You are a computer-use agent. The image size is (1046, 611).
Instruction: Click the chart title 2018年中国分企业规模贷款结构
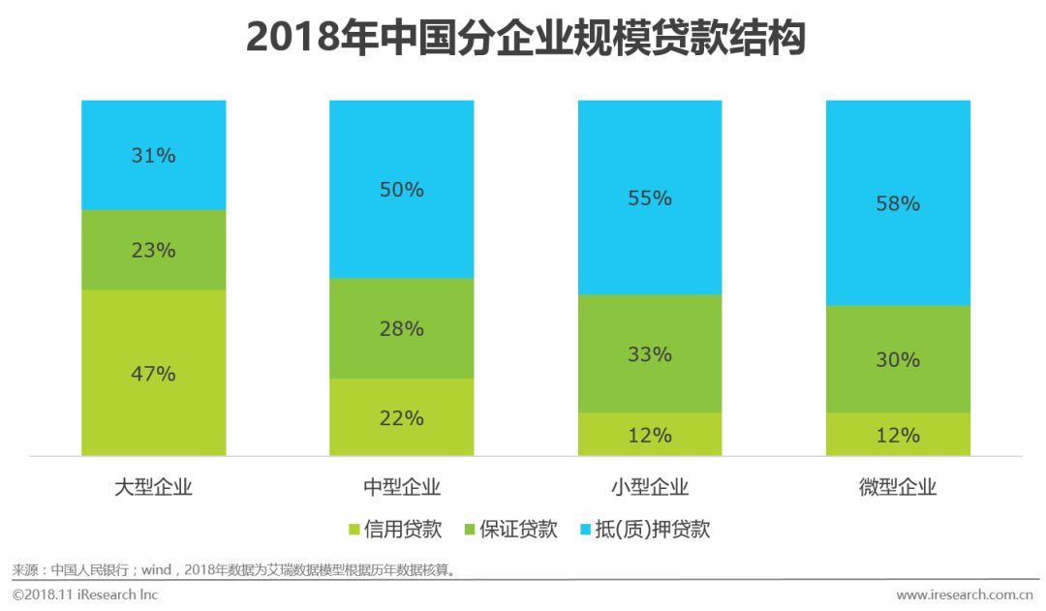525,38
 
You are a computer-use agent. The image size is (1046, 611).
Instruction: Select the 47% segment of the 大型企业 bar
153,373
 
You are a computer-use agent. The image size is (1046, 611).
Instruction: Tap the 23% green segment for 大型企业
153,250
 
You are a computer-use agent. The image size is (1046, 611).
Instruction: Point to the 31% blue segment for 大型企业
153,155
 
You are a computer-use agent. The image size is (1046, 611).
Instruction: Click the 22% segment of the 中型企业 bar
401,417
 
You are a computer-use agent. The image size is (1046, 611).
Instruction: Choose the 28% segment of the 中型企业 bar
401,328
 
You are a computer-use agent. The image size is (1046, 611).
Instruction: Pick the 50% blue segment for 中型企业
401,190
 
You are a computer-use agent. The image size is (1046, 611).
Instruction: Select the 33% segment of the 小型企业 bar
650,353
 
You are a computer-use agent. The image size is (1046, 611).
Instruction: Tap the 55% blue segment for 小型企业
650,198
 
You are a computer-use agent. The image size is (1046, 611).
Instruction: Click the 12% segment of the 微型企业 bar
898,435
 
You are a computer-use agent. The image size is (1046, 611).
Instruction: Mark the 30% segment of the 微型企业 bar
898,359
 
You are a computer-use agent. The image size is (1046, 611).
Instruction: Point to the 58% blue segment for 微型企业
898,203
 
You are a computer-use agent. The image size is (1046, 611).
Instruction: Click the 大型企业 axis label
153,487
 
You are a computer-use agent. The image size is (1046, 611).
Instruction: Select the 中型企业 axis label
401,487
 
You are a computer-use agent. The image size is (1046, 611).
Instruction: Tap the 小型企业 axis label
650,487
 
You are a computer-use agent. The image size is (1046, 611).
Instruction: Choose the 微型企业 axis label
898,487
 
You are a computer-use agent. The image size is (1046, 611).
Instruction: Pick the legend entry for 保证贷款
510,530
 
